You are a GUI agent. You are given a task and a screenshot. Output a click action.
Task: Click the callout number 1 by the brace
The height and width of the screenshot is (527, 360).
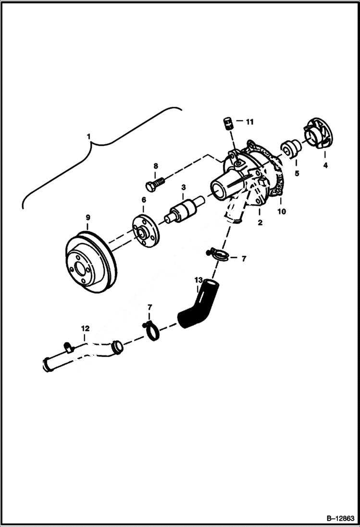pyautogui.click(x=88, y=136)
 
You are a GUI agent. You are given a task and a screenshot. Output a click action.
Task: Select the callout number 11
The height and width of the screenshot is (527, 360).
pyautogui.click(x=249, y=122)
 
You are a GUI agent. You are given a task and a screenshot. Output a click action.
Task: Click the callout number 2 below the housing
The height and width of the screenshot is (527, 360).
pyautogui.click(x=260, y=222)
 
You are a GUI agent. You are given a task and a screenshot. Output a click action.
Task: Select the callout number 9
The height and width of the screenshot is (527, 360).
pyautogui.click(x=88, y=218)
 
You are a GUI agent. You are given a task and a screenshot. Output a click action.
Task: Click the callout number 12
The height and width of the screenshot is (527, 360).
pyautogui.click(x=85, y=329)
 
